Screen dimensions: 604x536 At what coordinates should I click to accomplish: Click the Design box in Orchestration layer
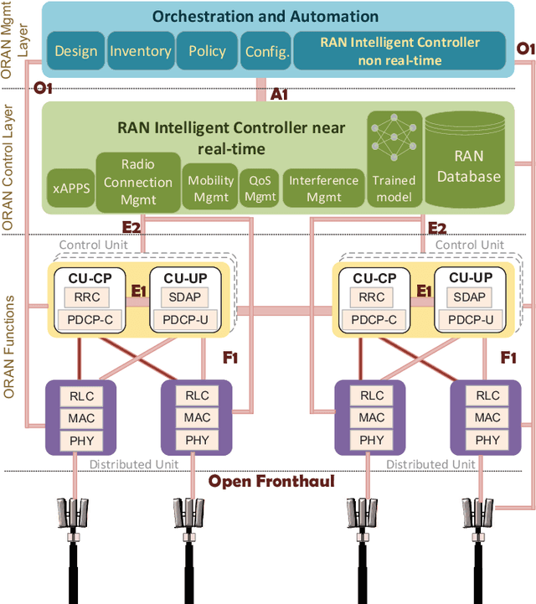(x=76, y=51)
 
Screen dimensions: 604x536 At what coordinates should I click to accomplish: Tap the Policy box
(x=207, y=51)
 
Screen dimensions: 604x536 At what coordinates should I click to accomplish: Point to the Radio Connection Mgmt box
(x=137, y=180)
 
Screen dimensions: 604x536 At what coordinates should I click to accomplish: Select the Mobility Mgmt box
(x=210, y=188)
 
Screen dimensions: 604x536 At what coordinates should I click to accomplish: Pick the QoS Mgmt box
(x=260, y=188)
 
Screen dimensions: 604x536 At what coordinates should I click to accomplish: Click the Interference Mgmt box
(x=323, y=188)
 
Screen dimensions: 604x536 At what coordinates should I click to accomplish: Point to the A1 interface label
(x=280, y=94)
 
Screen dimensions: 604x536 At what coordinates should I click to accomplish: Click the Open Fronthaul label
(x=271, y=481)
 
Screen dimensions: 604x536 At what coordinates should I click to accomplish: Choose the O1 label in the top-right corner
(x=524, y=49)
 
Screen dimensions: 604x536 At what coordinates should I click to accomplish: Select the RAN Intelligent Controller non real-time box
(x=399, y=51)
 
